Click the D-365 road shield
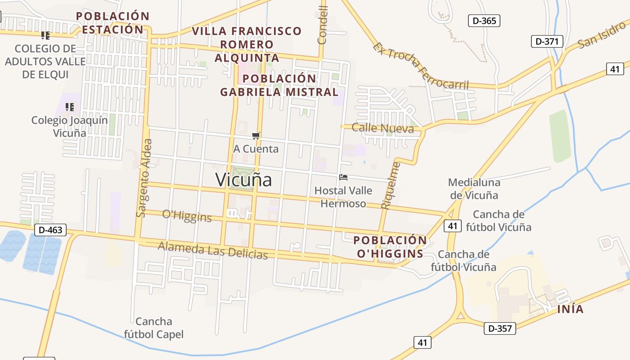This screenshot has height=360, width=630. tap(484, 21)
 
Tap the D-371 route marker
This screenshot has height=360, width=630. tap(547, 41)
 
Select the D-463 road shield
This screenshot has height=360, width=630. tap(50, 230)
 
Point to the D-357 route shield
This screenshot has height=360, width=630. tap(500, 328)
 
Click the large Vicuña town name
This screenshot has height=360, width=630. tap(243, 180)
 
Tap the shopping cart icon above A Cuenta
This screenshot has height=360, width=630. tap(256, 136)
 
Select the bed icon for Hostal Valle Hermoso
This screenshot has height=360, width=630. tap(343, 177)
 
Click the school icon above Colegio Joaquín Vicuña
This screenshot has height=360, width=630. tap(69, 107)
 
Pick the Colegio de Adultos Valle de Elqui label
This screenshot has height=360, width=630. tap(45, 61)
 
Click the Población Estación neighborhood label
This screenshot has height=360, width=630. tap(112, 23)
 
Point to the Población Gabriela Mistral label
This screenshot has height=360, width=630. tap(279, 85)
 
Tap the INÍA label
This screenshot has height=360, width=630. tap(570, 309)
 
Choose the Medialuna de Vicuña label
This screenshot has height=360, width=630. tap(474, 189)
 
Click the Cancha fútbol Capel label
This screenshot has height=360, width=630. tap(154, 328)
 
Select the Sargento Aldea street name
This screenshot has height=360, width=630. tap(144, 178)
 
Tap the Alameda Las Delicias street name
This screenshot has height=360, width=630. tap(213, 250)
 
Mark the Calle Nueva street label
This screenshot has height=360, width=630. tap(382, 128)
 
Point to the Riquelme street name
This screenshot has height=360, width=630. tap(390, 185)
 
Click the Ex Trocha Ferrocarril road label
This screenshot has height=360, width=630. tap(421, 66)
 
